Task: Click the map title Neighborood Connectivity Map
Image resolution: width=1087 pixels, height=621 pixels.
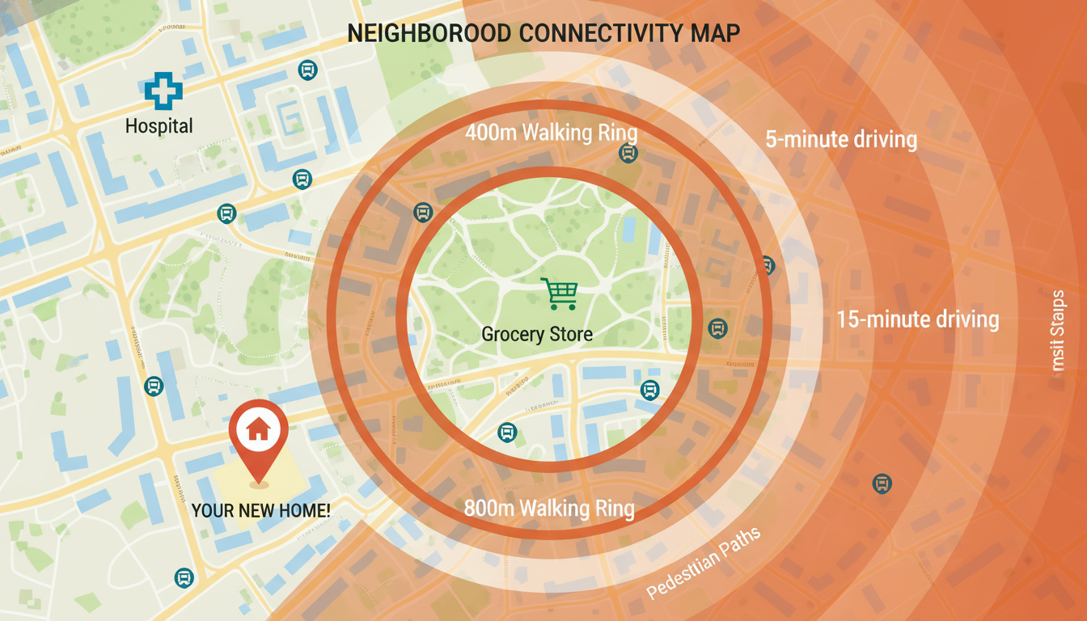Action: click(543, 34)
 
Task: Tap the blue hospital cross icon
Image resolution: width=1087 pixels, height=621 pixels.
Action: click(163, 91)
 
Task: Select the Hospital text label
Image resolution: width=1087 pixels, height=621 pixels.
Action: click(159, 126)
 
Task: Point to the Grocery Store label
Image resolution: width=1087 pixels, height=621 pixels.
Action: click(537, 334)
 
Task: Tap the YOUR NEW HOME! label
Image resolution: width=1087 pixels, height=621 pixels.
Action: click(260, 510)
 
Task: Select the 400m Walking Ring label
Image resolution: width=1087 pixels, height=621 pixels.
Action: click(552, 133)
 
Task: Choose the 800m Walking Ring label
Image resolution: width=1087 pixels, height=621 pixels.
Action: click(549, 509)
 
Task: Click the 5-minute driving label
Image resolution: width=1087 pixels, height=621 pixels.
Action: click(841, 139)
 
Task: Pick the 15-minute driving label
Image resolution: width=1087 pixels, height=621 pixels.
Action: click(918, 319)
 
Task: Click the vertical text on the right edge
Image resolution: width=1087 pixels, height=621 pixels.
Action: click(1059, 332)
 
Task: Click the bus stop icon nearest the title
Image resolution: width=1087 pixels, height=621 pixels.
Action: click(307, 70)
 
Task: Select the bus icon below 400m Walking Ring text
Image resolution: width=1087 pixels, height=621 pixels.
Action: click(627, 153)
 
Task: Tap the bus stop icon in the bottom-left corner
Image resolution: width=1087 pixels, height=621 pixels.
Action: click(184, 577)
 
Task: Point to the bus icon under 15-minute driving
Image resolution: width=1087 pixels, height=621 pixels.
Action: click(882, 484)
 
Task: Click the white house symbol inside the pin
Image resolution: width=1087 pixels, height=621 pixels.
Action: click(258, 428)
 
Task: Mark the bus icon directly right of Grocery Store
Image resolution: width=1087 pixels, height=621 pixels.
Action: click(717, 328)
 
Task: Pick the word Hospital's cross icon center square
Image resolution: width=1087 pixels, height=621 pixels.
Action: click(163, 91)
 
